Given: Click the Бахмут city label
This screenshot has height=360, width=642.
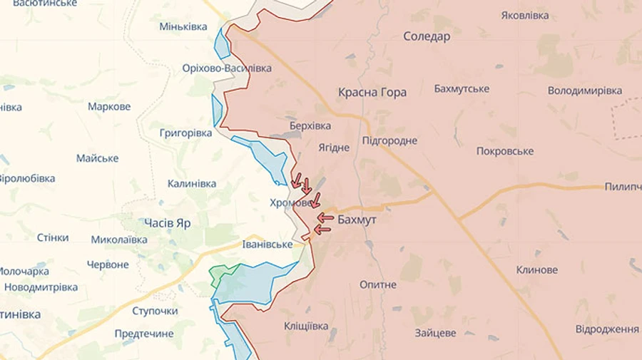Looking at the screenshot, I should tap(357, 220).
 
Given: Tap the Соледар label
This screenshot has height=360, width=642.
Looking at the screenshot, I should tap(427, 36).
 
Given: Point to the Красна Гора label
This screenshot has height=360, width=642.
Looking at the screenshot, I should tap(372, 92).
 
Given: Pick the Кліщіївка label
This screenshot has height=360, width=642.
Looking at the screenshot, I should tap(306, 326).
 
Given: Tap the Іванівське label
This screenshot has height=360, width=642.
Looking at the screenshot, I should tap(267, 245).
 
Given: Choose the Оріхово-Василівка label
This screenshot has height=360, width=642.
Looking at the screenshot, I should tap(227, 68).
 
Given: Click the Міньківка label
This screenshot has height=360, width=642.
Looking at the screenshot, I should tap(183, 27).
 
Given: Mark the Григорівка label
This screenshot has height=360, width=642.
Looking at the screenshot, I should tap(185, 133).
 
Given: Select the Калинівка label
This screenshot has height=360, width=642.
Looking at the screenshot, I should tap(192, 183).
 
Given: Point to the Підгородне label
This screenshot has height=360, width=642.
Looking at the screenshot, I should tap(389, 140).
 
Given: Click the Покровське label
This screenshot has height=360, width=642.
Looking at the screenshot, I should tap(505, 151).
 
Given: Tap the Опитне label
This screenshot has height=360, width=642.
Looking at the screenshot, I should tap(378, 284).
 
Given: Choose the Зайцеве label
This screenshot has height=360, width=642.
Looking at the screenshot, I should tap(435, 333).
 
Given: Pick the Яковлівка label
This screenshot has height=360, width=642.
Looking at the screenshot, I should tap(525, 15).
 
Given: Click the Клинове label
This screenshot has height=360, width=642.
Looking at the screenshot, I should tap(537, 270).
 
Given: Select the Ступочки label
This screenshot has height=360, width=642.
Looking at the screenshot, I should tap(155, 311).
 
